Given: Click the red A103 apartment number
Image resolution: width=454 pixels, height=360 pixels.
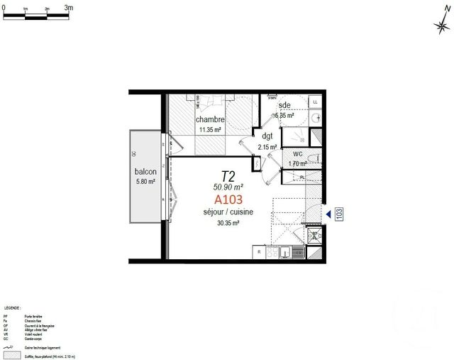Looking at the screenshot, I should pyautogui.click(x=228, y=200).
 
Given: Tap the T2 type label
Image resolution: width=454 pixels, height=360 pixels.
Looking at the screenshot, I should pyautogui.click(x=228, y=175).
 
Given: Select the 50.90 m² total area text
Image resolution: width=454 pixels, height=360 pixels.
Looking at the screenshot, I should pyautogui.click(x=228, y=187).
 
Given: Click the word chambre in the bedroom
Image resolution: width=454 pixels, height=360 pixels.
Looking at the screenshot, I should pyautogui.click(x=211, y=120).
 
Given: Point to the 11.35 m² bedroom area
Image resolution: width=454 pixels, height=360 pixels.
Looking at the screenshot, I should pyautogui.click(x=211, y=130).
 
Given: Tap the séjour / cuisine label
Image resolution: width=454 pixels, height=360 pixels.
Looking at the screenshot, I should pyautogui.click(x=228, y=212).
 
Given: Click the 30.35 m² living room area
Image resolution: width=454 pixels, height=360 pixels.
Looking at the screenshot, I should pyautogui.click(x=228, y=223).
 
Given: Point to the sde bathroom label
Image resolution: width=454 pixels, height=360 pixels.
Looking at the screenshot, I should pyautogui.click(x=284, y=105).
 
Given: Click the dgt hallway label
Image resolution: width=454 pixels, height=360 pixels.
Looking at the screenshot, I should pyautogui.click(x=267, y=136).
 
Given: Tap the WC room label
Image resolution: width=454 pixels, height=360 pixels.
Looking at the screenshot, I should pyautogui.click(x=297, y=153).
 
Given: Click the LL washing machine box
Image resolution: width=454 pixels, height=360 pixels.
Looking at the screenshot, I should pyautogui.click(x=315, y=102).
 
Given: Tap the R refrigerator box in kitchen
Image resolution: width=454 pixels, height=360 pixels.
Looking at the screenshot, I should pyautogui.click(x=259, y=251).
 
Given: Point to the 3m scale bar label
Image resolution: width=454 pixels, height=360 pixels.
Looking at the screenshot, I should pyautogui.click(x=69, y=7).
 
